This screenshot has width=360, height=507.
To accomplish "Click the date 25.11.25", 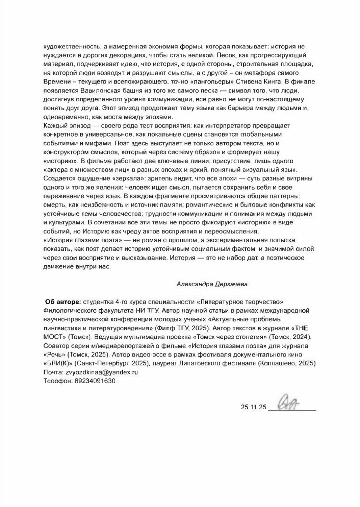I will click(254, 407).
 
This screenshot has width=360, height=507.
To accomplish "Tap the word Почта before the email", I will click(52, 372).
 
